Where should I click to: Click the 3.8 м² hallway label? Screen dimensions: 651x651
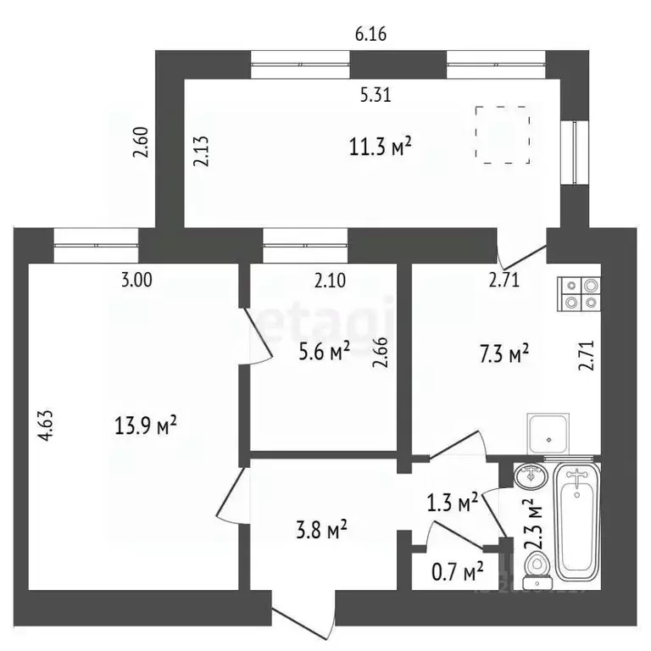(x=321, y=531)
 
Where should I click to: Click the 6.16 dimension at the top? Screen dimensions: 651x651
(x=370, y=34)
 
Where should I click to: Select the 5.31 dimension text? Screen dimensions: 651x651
(x=376, y=95)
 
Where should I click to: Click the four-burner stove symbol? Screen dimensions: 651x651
(x=579, y=293)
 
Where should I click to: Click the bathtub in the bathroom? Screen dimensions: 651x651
(x=578, y=519)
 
